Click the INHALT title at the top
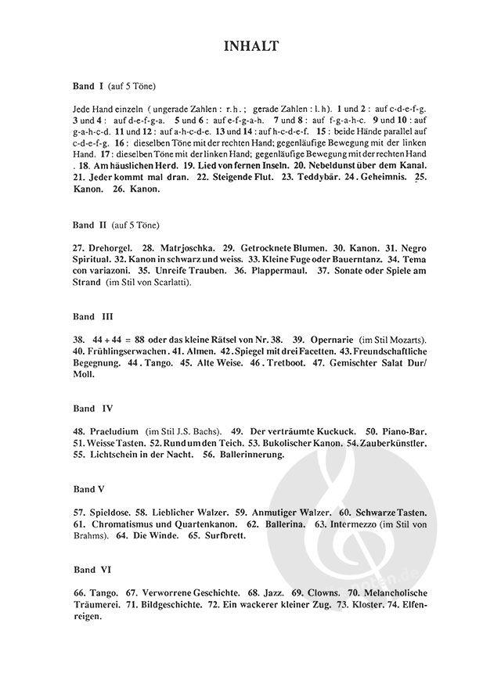pos(250,49)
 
